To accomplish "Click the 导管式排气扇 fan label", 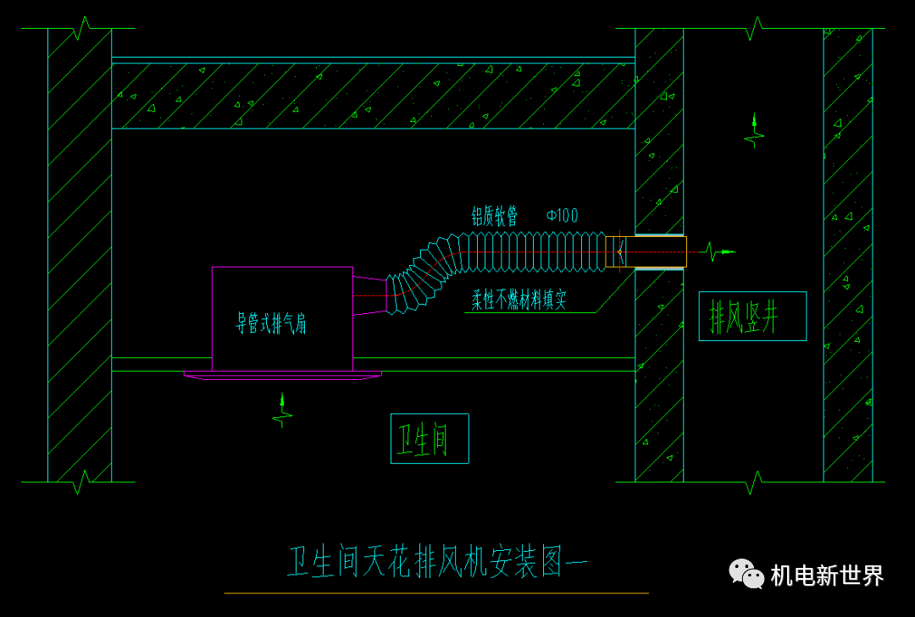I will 271,323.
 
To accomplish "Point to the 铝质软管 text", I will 495,216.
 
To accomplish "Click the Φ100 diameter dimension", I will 562,216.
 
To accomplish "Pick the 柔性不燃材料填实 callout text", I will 519,300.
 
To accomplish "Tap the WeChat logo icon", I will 746,574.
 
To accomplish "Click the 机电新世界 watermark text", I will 827,576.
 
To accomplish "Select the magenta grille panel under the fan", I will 283,374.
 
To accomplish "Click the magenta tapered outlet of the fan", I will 369,295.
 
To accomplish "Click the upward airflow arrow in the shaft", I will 754,130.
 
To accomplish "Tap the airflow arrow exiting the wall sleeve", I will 719,251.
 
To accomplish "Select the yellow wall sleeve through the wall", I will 655,251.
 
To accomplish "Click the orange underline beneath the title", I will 436,593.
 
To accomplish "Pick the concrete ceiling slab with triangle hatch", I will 373,96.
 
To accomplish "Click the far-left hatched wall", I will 80,254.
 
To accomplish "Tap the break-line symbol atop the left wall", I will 80,30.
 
